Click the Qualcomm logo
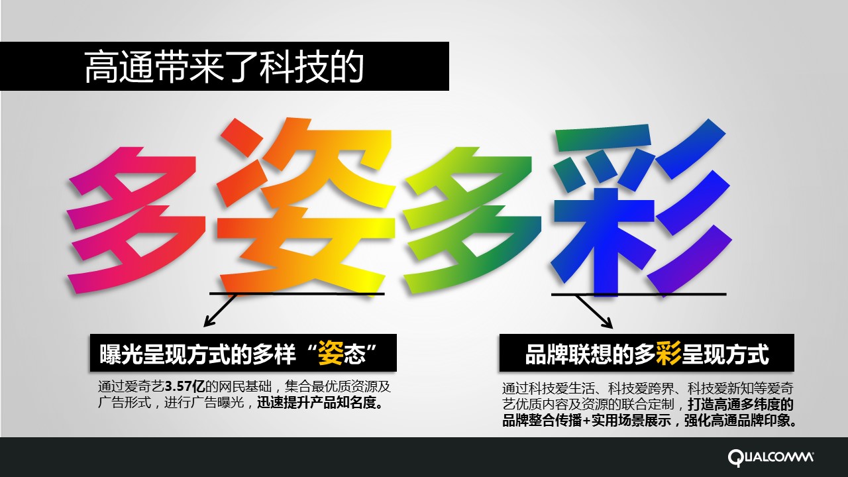point(770,457)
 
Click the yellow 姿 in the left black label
point(331,354)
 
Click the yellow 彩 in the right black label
point(668,354)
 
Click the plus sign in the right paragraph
point(586,421)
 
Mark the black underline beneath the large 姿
point(297,293)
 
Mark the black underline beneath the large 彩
point(639,293)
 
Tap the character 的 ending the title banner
point(346,67)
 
